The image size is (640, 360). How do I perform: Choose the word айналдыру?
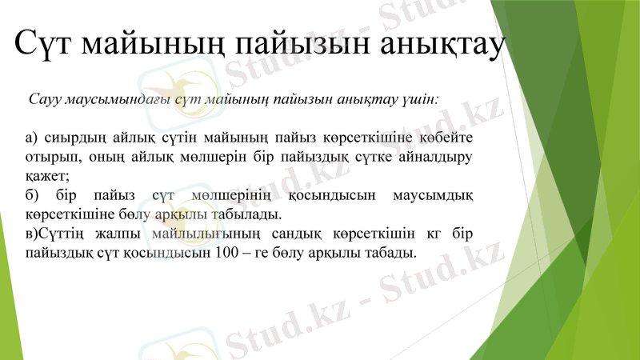tap(435, 157)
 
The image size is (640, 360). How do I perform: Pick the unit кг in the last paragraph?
tap(427, 234)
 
